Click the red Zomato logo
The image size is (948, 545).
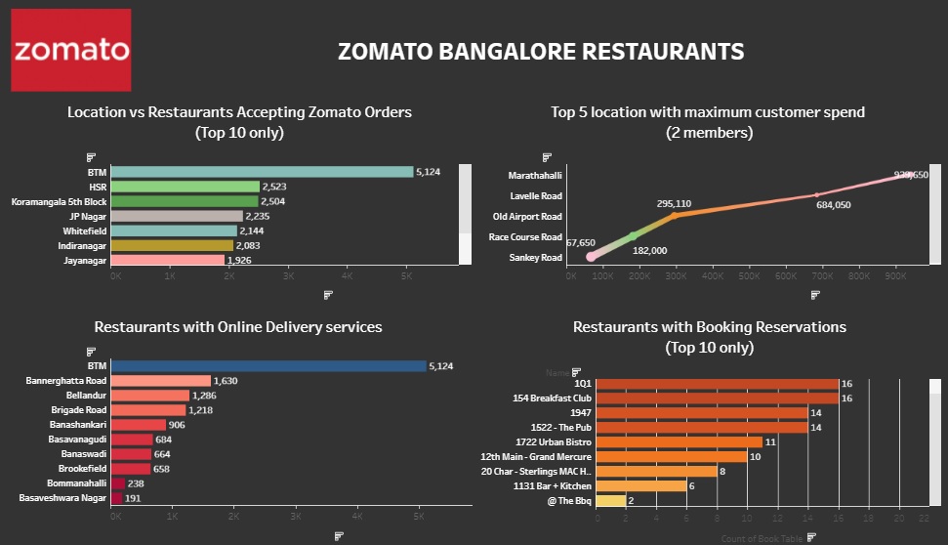pos(70,50)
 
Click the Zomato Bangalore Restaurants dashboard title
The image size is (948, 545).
pos(540,51)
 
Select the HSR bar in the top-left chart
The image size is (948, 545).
pos(185,187)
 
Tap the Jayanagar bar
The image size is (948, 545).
pos(168,260)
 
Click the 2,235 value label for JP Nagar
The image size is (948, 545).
pos(260,216)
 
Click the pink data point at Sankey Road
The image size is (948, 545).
pos(591,257)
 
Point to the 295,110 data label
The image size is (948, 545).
pos(674,204)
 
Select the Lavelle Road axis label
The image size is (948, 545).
pos(536,196)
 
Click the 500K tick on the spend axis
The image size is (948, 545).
pos(749,276)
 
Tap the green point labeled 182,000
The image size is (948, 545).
pos(633,236)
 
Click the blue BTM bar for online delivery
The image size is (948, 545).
pos(268,366)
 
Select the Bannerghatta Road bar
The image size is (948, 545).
pos(161,381)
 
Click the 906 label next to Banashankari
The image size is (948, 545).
pos(182,425)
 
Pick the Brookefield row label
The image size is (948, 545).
pos(79,469)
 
